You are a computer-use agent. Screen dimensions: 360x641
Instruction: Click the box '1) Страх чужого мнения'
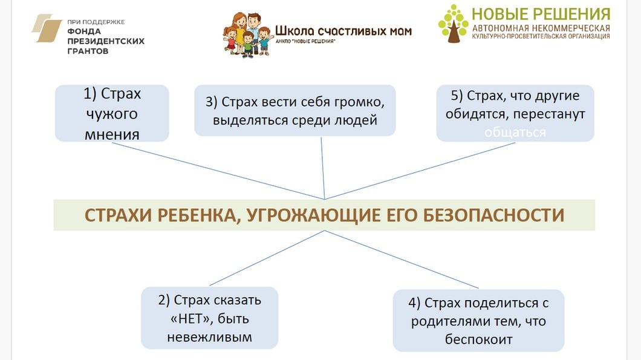pyautogui.click(x=112, y=113)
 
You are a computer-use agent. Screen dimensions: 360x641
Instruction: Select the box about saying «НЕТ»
pyautogui.click(x=209, y=318)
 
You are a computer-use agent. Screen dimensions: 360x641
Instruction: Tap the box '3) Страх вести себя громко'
pyautogui.click(x=294, y=110)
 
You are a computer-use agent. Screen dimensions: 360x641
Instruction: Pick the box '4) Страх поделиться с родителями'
pyautogui.click(x=478, y=320)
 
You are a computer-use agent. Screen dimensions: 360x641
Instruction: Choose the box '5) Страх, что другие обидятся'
pyautogui.click(x=515, y=113)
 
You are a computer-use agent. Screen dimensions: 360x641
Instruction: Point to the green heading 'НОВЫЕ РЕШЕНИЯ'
pyautogui.click(x=541, y=14)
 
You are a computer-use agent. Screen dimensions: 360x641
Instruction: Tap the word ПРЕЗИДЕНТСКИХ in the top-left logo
pyautogui.click(x=106, y=41)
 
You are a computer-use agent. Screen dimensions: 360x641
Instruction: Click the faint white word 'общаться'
pyautogui.click(x=515, y=132)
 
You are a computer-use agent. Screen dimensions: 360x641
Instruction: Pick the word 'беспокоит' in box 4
pyautogui.click(x=478, y=339)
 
